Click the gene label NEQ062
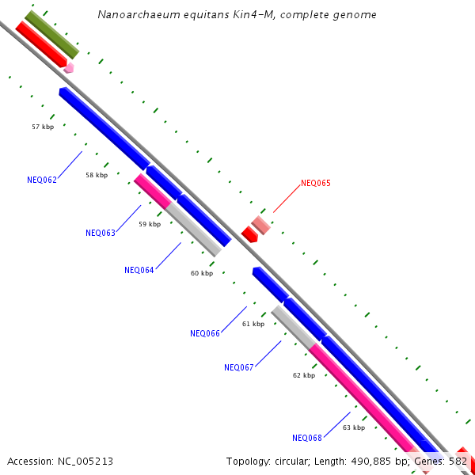[42, 180]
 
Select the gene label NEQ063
[101, 233]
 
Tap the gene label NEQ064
[139, 270]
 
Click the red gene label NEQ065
[315, 183]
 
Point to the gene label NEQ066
[205, 333]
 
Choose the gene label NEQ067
[239, 367]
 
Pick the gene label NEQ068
[307, 438]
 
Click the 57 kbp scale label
[43, 127]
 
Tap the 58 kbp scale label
[97, 175]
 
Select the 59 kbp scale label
[150, 224]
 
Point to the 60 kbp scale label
[202, 273]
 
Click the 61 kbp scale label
[253, 324]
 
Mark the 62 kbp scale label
[304, 375]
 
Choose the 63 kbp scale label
[354, 427]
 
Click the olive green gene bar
[52, 34]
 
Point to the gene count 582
[458, 461]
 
